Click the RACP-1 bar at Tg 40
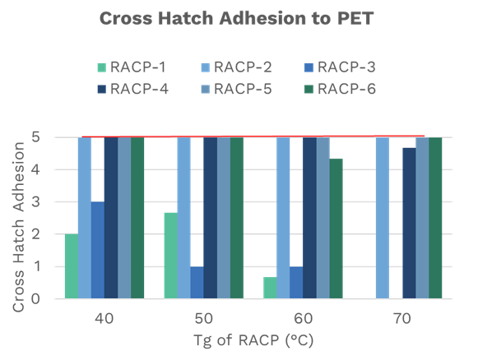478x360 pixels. tap(71, 266)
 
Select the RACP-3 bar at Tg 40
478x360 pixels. tap(97, 251)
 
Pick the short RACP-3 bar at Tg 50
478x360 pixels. tap(197, 283)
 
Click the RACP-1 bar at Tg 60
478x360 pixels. tap(269, 288)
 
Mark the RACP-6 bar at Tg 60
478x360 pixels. tap(336, 229)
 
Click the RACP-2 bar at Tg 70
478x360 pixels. tap(382, 219)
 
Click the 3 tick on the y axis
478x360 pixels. tap(37, 202)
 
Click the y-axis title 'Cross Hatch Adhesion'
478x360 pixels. tap(17, 219)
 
